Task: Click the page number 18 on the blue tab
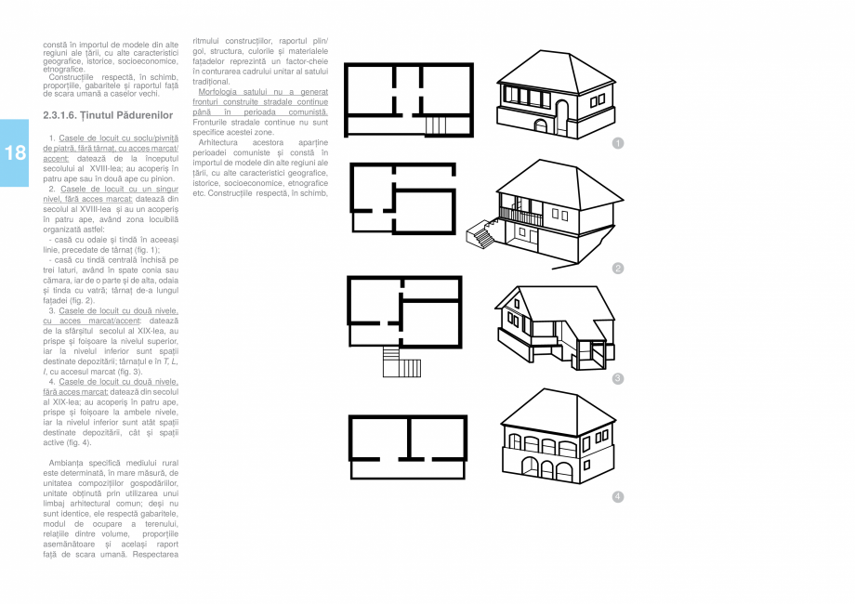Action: [15, 153]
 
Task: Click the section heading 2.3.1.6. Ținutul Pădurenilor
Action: [108, 114]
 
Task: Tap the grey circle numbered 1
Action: [617, 142]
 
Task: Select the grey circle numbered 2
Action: [617, 269]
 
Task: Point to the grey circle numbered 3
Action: [617, 378]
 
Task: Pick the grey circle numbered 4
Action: [617, 496]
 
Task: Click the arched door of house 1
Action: [541, 125]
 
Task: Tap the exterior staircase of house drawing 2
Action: [480, 234]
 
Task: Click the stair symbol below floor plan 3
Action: [401, 361]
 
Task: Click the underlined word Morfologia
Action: [219, 92]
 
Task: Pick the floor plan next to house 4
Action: [407, 438]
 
